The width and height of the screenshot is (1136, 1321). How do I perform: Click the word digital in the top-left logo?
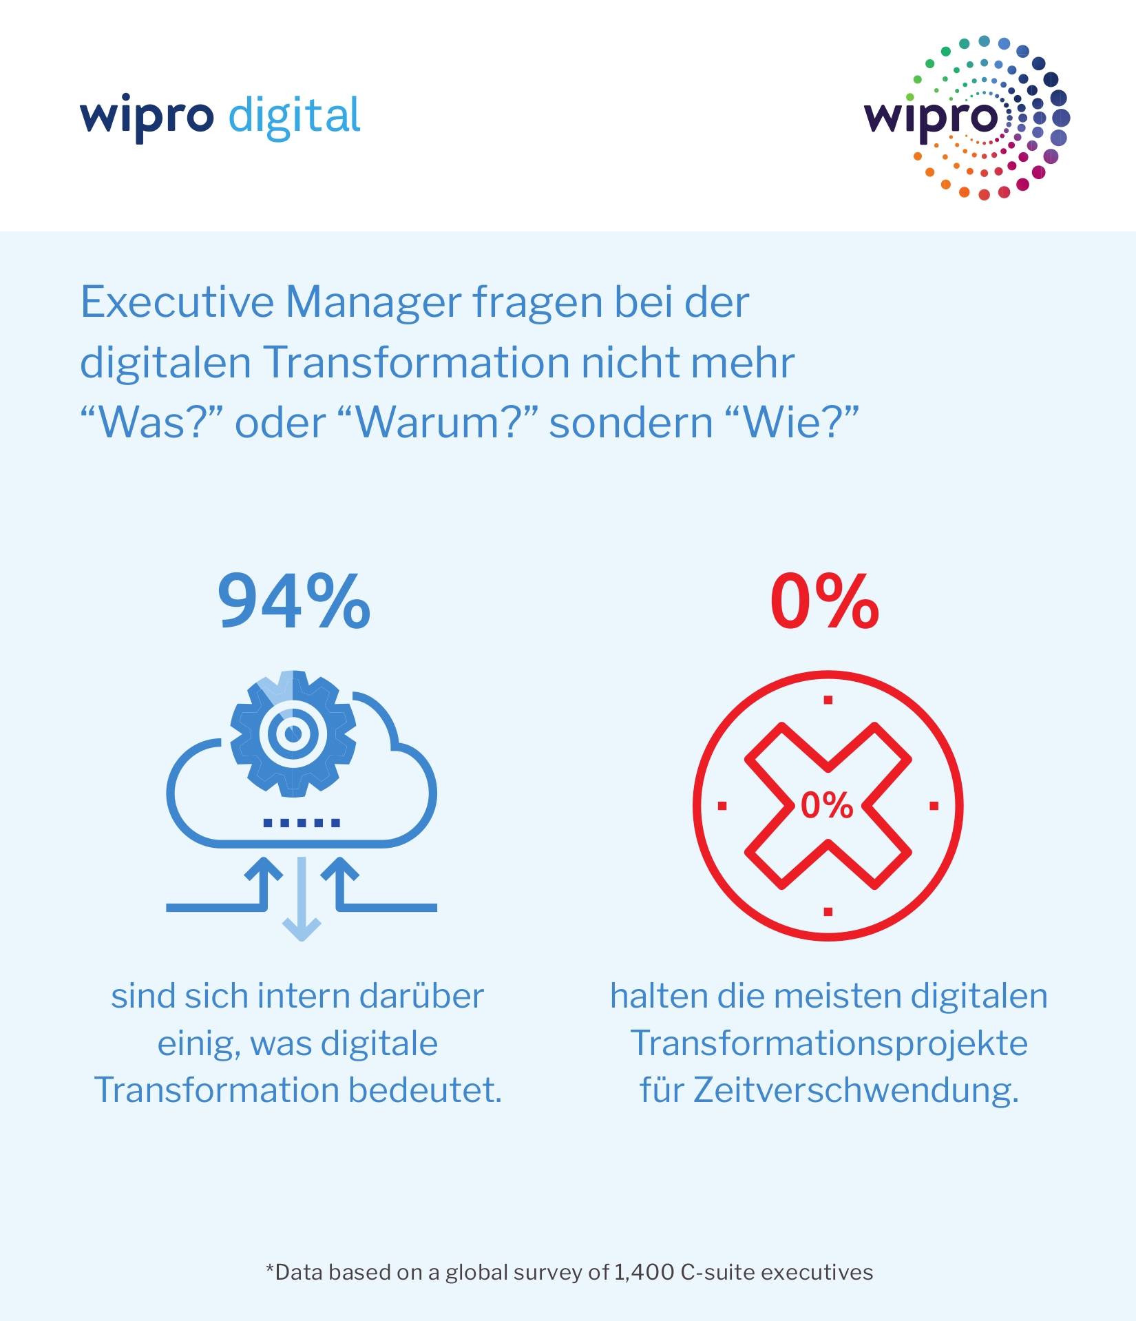coord(294,116)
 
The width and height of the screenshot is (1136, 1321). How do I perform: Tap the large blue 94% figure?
coord(294,602)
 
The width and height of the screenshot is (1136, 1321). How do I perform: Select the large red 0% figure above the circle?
coord(824,602)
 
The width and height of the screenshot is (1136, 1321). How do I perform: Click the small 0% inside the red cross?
coord(827,804)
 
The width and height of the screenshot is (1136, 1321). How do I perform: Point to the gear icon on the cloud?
coord(293,734)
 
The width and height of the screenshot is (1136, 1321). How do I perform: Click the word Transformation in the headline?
coord(417,362)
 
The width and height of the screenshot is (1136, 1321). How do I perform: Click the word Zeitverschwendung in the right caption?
coord(855,1090)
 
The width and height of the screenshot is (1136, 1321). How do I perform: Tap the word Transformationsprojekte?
coord(829,1043)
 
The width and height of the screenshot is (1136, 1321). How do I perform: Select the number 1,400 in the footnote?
coord(644,1272)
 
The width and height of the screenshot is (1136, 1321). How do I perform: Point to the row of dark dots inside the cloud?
coord(302,822)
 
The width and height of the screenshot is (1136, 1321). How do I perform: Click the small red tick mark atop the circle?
coord(828,700)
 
